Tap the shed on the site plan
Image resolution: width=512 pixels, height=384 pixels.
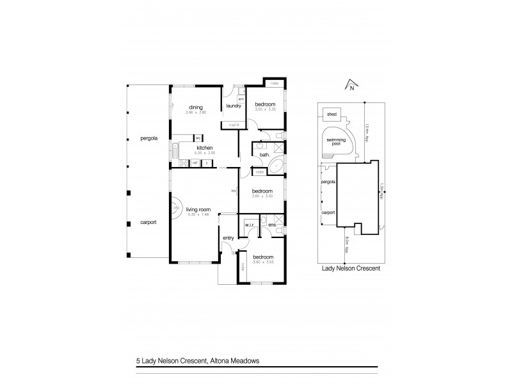pos(332,114)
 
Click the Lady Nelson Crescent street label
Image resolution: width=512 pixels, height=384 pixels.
pos(350,269)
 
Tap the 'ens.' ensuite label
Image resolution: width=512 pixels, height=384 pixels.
pos(271,225)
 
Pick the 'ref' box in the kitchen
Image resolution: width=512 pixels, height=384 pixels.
pos(195,163)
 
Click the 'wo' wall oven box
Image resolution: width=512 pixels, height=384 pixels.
pos(198,138)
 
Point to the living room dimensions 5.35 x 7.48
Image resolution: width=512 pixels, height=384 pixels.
pos(195,214)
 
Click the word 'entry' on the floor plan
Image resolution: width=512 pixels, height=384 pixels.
pos(228,239)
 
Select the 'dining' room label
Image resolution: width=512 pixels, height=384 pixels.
pos(195,107)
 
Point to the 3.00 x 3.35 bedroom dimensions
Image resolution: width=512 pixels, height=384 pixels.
pos(265,109)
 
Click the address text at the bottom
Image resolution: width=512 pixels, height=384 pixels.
pos(198,360)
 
